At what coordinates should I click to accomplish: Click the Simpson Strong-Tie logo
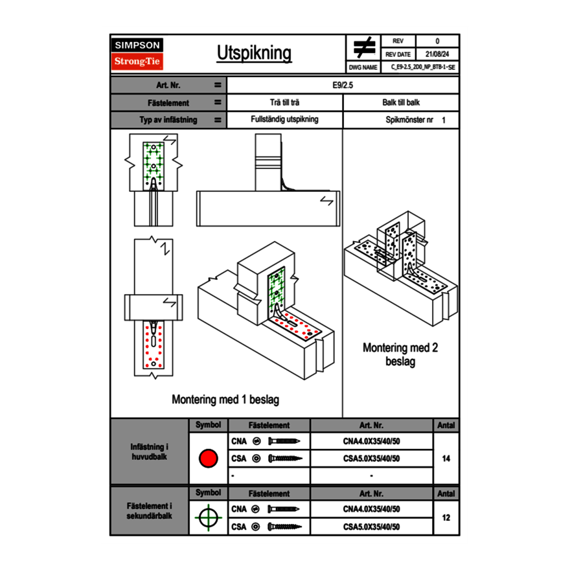137,54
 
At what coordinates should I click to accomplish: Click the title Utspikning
254,54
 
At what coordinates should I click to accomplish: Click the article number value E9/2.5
343,85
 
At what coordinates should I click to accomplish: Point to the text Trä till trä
284,102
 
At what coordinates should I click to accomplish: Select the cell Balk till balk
401,102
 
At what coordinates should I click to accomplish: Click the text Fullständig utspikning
284,120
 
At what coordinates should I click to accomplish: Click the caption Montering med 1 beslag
225,400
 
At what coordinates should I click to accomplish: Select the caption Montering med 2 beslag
400,354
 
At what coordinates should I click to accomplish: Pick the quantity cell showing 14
446,459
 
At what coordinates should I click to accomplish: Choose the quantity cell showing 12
446,518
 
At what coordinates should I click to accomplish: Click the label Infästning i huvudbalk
150,452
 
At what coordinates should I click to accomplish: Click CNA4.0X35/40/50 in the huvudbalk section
371,441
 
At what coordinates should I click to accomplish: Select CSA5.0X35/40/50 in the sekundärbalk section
371,527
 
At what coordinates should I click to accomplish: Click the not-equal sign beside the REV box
364,47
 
